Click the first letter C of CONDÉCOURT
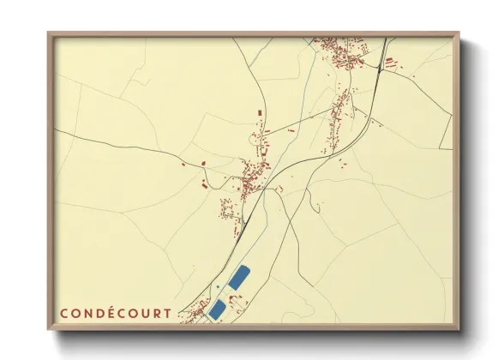[63, 314]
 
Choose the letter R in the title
[155, 314]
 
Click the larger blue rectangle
[238, 277]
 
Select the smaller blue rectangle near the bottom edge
[218, 309]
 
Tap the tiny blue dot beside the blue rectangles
[219, 286]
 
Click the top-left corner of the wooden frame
[49, 33]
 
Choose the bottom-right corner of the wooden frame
[459, 329]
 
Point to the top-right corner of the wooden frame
[459, 33]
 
